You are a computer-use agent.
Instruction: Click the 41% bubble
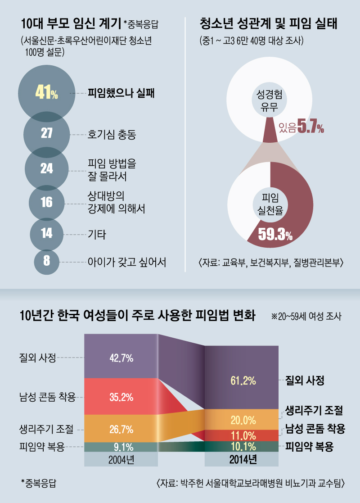tap(46, 94)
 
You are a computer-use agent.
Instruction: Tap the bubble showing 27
tap(47, 134)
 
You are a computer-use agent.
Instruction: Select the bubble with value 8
tap(47, 261)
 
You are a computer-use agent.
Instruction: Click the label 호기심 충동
tap(112, 134)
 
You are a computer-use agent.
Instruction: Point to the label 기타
tap(97, 234)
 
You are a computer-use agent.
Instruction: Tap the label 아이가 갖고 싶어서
tap(127, 262)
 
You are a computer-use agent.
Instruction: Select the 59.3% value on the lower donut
tap(274, 235)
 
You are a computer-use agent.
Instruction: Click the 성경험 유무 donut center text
tap(269, 100)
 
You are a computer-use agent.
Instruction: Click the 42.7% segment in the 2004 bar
tap(121, 358)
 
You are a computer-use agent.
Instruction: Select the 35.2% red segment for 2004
tap(121, 397)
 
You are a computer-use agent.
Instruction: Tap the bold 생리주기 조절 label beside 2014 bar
tap(315, 411)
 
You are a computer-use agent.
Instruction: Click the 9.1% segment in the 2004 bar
tap(121, 447)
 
